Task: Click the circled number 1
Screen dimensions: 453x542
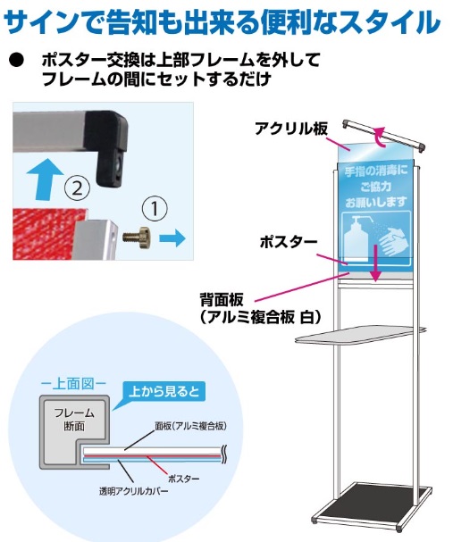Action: (155, 208)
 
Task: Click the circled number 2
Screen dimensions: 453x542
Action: (77, 188)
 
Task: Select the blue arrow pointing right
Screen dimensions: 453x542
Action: (172, 238)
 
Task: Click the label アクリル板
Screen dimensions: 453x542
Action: (291, 129)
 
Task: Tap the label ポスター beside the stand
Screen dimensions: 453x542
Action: (289, 242)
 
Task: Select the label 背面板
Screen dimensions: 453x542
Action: (222, 299)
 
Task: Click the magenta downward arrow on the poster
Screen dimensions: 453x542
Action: (375, 263)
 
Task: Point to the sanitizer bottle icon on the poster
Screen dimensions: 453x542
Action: (358, 238)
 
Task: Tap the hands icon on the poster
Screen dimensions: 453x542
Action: (394, 240)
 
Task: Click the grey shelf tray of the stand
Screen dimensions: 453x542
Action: (360, 335)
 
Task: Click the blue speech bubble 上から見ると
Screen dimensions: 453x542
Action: (164, 392)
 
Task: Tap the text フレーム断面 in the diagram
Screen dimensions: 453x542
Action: (74, 420)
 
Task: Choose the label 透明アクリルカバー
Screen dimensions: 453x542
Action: (133, 491)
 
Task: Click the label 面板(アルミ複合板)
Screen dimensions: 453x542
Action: (190, 426)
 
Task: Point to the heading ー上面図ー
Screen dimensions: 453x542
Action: (73, 383)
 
